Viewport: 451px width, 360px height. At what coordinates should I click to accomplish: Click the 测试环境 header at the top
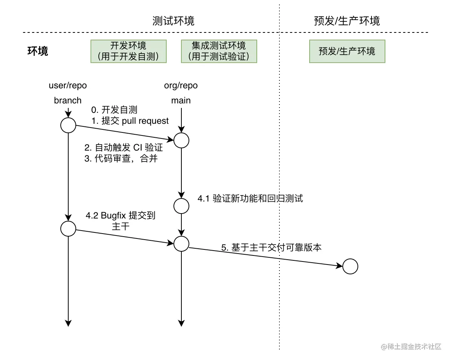tap(173, 21)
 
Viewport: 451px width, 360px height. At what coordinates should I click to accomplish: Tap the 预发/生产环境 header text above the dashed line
tap(347, 21)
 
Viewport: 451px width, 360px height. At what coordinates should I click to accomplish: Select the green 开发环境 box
tap(128, 51)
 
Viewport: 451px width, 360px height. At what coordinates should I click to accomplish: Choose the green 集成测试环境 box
tap(219, 51)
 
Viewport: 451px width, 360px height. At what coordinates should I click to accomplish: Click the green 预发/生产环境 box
tap(347, 51)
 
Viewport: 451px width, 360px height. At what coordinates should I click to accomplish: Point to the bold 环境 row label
tap(38, 51)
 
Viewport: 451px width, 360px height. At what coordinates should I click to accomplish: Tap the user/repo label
tap(68, 86)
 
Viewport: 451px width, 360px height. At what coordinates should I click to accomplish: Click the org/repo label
tap(181, 86)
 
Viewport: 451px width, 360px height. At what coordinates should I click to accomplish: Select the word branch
tap(68, 100)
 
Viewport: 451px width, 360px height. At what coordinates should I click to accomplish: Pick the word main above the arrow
tap(181, 100)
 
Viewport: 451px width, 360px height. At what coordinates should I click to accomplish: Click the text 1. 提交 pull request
tap(130, 121)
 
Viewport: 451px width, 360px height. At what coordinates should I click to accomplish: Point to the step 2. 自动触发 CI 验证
tap(124, 148)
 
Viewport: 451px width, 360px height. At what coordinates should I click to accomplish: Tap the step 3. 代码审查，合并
tap(121, 159)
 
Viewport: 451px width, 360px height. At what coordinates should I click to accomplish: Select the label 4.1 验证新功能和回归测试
tap(250, 198)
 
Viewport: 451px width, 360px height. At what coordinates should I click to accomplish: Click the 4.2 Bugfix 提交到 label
tap(121, 216)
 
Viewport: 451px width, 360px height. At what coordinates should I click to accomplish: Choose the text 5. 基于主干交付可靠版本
tap(271, 248)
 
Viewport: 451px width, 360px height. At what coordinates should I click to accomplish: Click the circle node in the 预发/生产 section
tap(350, 266)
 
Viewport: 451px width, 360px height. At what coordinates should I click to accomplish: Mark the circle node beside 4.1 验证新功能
tap(181, 206)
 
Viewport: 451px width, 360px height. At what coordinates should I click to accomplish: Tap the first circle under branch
tap(68, 125)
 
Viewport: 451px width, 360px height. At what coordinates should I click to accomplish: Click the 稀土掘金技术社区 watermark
tap(411, 347)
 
